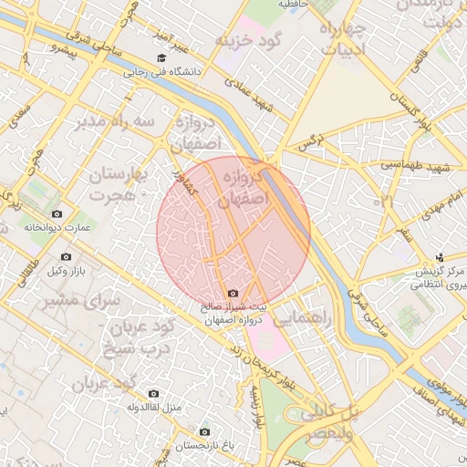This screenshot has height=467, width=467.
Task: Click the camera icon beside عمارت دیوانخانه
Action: (x=57, y=213)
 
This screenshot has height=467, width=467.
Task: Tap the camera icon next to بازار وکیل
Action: (x=65, y=258)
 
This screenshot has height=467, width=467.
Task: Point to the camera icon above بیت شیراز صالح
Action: (x=233, y=294)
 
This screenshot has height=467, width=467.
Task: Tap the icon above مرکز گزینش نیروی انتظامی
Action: (x=441, y=258)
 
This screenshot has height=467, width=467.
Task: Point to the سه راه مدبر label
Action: (x=108, y=121)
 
